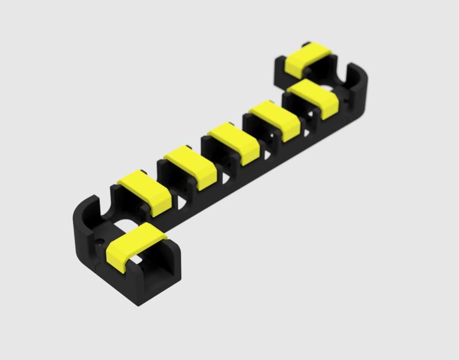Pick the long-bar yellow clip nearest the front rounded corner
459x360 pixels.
coord(145,191)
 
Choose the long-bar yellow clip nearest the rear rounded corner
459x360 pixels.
coord(314,99)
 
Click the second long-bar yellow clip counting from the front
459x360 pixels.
coord(190,167)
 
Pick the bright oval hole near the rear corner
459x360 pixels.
coord(328,88)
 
